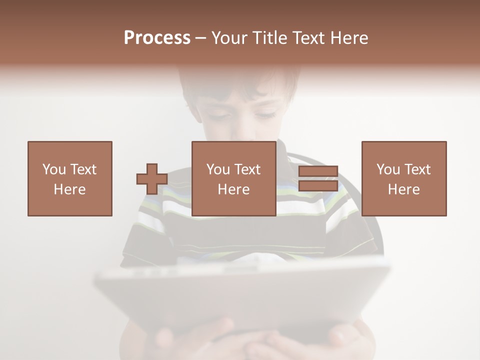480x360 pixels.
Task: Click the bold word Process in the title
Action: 157,38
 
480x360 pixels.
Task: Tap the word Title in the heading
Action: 270,38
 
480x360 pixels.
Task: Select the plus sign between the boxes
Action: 152,179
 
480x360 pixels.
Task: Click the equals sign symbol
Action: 318,179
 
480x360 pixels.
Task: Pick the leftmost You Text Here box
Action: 70,179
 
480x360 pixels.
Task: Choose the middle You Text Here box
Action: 234,179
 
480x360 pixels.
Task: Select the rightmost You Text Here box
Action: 404,179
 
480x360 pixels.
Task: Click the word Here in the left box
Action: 70,189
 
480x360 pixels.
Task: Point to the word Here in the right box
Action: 404,189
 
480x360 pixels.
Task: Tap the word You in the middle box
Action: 218,169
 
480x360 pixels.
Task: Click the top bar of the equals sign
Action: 318,171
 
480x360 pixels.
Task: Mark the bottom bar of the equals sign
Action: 318,186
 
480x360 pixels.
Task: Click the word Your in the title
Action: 230,38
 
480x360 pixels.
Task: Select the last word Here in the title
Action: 349,38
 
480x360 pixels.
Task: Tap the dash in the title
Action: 201,38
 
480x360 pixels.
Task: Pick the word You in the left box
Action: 54,169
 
